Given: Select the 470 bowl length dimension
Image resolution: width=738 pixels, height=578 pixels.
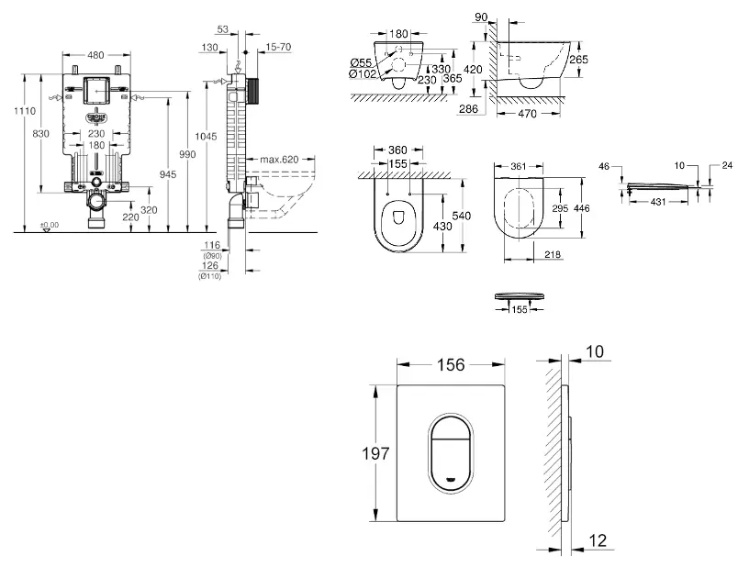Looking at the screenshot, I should tap(528, 114).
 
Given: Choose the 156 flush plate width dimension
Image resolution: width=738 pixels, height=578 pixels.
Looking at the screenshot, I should tap(450, 364).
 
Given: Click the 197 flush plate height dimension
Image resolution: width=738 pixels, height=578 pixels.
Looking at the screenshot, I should tap(377, 452).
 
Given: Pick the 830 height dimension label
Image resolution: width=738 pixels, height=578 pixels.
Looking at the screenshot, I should tap(41, 134).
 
